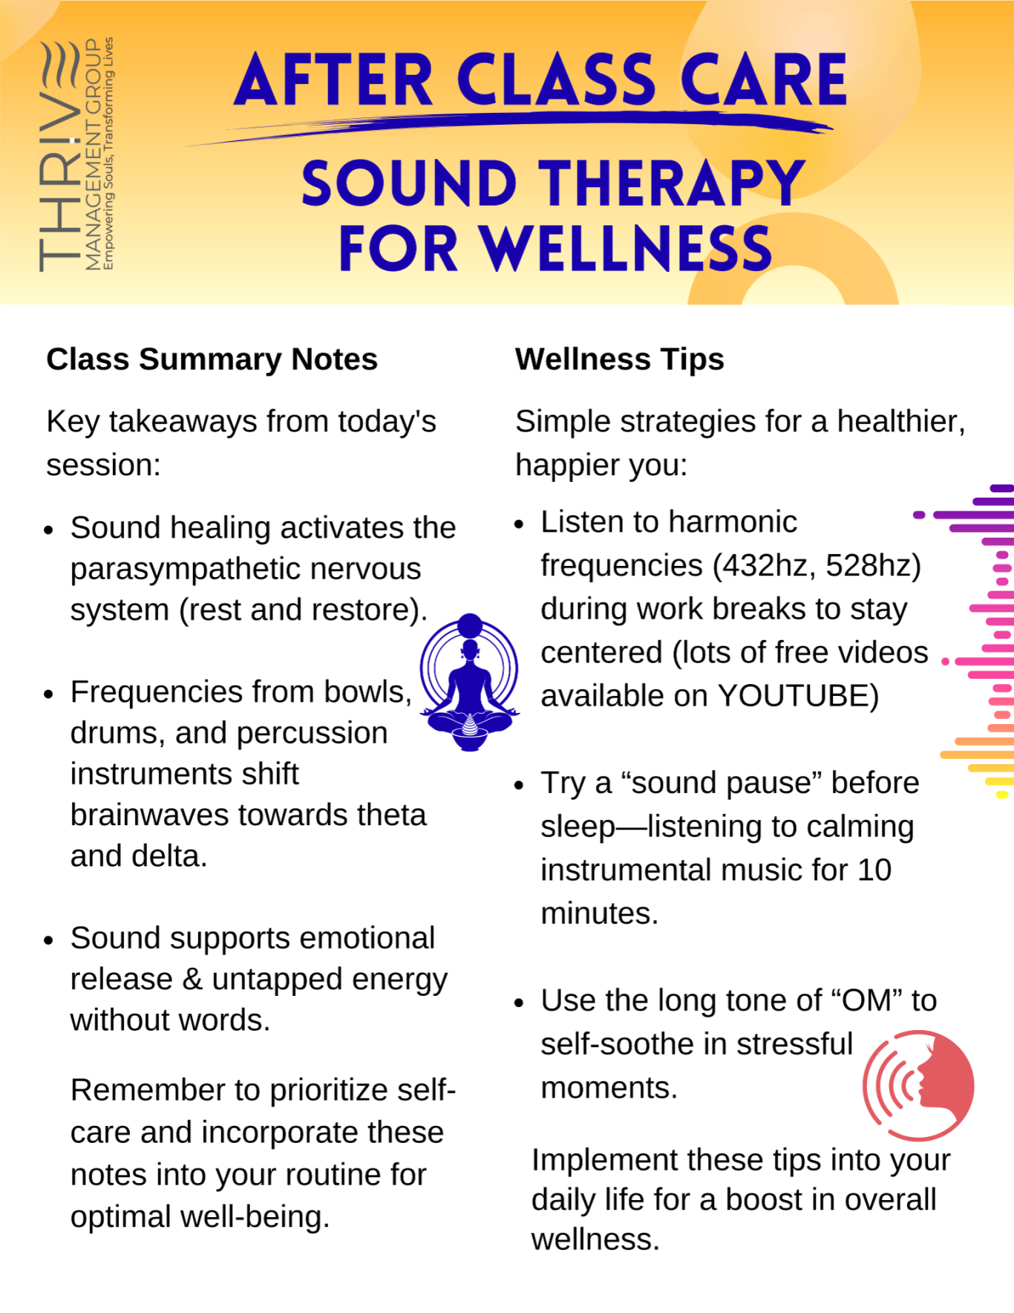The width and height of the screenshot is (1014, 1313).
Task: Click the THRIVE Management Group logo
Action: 76,154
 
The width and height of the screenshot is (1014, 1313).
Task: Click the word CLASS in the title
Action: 556,79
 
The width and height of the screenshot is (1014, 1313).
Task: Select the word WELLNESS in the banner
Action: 625,249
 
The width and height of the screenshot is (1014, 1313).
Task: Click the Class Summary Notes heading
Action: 212,359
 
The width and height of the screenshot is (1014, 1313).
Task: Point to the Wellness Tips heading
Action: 620,359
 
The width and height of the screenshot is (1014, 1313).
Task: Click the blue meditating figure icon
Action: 470,682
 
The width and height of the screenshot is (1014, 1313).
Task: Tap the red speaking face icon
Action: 918,1085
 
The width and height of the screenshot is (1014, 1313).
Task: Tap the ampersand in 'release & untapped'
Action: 192,980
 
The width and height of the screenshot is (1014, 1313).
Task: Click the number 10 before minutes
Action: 874,870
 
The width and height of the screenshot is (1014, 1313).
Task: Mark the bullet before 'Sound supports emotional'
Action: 49,939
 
